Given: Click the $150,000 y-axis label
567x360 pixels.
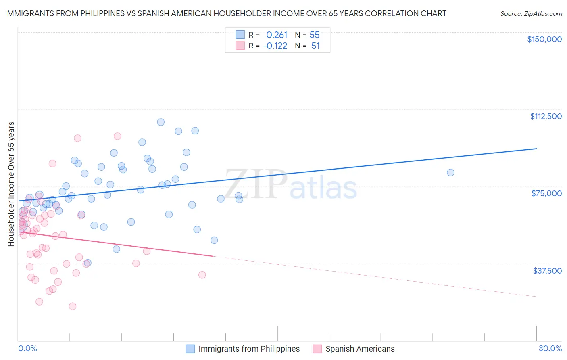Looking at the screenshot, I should tap(544, 39).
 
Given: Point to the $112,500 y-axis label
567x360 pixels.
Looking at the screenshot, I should tap(546, 116).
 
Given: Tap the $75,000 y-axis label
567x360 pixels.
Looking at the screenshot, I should tap(546, 193).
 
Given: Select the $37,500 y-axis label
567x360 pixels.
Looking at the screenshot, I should tap(547, 271).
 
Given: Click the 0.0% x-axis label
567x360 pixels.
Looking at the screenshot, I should tap(27, 349).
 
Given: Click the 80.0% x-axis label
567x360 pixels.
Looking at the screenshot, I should tap(550, 349).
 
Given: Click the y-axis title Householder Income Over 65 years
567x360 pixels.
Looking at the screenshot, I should tap(11, 184).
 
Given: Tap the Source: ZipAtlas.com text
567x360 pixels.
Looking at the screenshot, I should tap(531, 13).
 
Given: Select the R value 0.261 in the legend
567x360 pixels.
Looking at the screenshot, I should tap(277, 35).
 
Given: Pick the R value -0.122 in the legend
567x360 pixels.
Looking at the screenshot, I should tap(275, 46).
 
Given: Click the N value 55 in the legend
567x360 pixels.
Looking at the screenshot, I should tap(315, 35).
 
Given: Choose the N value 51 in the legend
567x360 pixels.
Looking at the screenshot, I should tap(315, 46).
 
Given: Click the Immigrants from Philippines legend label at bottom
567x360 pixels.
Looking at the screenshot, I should tap(249, 349).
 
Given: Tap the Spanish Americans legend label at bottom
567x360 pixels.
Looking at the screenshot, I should tap(360, 349).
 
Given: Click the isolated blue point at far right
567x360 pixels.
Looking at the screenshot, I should tap(450, 172).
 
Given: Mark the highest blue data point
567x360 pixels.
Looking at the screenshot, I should tap(161, 122).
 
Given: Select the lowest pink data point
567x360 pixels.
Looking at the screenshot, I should tap(73, 306).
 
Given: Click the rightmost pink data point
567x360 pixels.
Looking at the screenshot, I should tap(202, 275).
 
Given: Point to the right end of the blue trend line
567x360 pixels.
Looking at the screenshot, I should tap(536, 149).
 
